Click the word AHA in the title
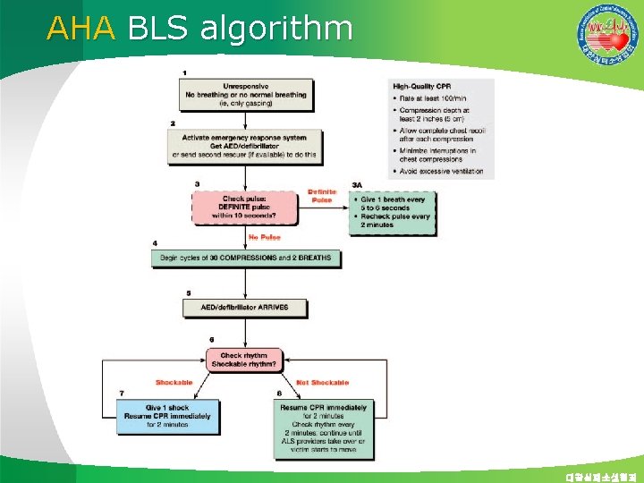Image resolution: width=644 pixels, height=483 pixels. (81, 29)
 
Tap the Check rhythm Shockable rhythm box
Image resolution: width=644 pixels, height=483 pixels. (244, 360)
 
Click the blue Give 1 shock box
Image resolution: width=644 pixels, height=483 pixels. (167, 417)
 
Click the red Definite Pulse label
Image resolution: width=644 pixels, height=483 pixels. (323, 195)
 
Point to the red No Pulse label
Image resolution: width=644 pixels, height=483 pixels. (265, 237)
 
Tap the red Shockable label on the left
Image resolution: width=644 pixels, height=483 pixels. (174, 382)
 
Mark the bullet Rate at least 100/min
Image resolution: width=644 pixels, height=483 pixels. (435, 97)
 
